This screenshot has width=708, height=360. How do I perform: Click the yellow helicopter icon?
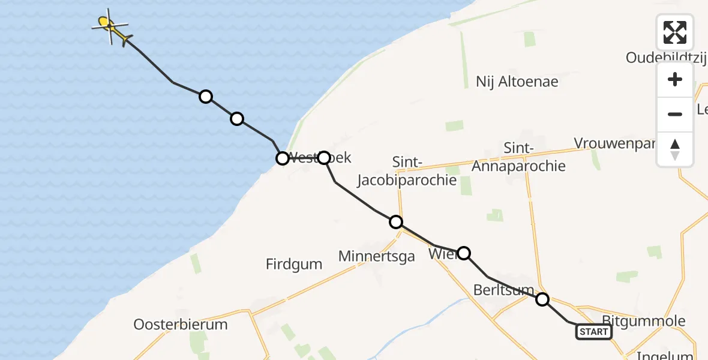(112, 27)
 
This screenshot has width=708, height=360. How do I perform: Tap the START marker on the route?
(594, 332)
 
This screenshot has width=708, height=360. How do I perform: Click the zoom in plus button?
(675, 79)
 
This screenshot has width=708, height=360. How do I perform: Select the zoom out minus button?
(675, 114)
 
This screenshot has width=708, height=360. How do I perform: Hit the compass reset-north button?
(675, 149)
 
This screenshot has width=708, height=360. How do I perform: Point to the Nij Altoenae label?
(517, 82)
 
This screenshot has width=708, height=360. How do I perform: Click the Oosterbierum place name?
(181, 325)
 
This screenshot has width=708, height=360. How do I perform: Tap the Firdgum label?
(294, 264)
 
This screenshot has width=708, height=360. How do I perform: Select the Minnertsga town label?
(377, 257)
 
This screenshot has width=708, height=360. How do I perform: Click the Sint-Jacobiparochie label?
(407, 171)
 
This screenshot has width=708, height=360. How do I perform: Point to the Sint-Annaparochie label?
(518, 157)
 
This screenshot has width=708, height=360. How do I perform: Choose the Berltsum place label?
(503, 290)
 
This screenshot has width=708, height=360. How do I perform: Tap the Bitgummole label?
(643, 321)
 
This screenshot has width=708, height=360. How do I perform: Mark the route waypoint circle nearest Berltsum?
(542, 299)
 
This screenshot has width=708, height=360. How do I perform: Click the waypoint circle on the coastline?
(282, 158)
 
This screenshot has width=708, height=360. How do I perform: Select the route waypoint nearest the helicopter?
(206, 97)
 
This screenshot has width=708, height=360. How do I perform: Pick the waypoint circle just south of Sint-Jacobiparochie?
(396, 223)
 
